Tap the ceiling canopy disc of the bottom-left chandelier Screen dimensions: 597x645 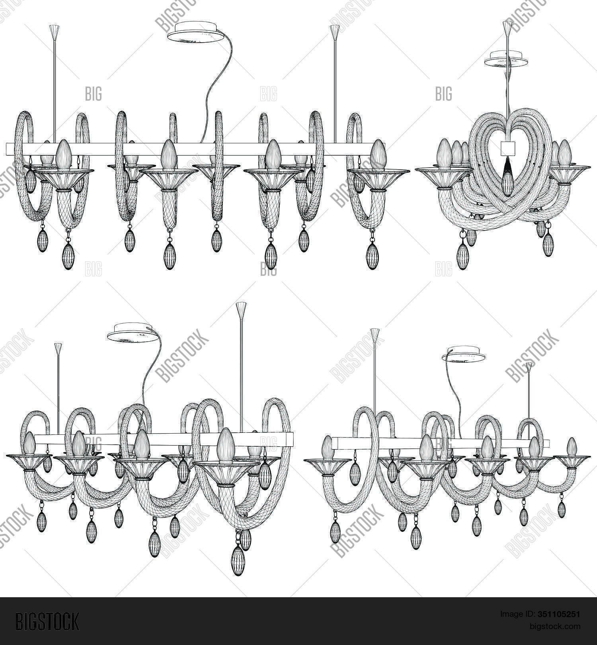point(132,332)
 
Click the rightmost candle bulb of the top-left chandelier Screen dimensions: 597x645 point(377,155)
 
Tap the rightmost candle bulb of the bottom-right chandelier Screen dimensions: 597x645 point(572,447)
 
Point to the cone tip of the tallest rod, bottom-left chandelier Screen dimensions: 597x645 point(241,308)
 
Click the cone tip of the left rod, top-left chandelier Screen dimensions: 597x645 point(54,30)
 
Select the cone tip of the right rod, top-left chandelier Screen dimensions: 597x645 point(335,30)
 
